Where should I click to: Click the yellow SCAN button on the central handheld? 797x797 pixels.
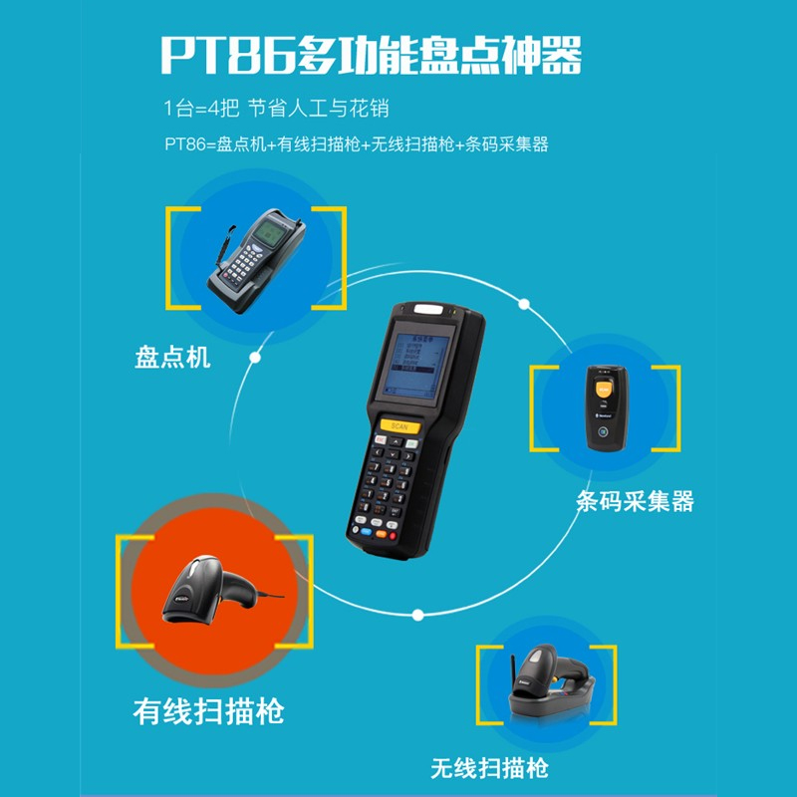pos(400,426)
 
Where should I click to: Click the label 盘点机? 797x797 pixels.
pos(172,357)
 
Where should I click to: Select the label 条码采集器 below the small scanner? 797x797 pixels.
pos(635,501)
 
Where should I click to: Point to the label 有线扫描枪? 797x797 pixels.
pos(208,711)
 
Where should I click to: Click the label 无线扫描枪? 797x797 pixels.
pos(489,767)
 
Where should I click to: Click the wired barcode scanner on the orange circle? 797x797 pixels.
pos(222,589)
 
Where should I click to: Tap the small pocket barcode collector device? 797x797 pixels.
pos(607,407)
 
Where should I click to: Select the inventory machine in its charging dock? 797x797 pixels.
pos(257,259)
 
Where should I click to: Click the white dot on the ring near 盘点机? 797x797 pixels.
pos(255,358)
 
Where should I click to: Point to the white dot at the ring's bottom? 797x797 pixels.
pos(417,615)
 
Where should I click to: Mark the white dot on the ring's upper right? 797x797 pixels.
pos(524,304)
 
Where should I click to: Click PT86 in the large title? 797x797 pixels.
pos(227,55)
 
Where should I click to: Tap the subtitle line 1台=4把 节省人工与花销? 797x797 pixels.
pos(277,109)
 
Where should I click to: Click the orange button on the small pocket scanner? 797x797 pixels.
pos(604,390)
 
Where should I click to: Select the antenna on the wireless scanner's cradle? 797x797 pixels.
pos(513,669)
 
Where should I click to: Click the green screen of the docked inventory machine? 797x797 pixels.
pos(269,233)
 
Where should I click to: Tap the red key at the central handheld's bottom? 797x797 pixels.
pos(393,535)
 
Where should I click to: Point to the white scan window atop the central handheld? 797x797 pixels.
pos(428,309)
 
